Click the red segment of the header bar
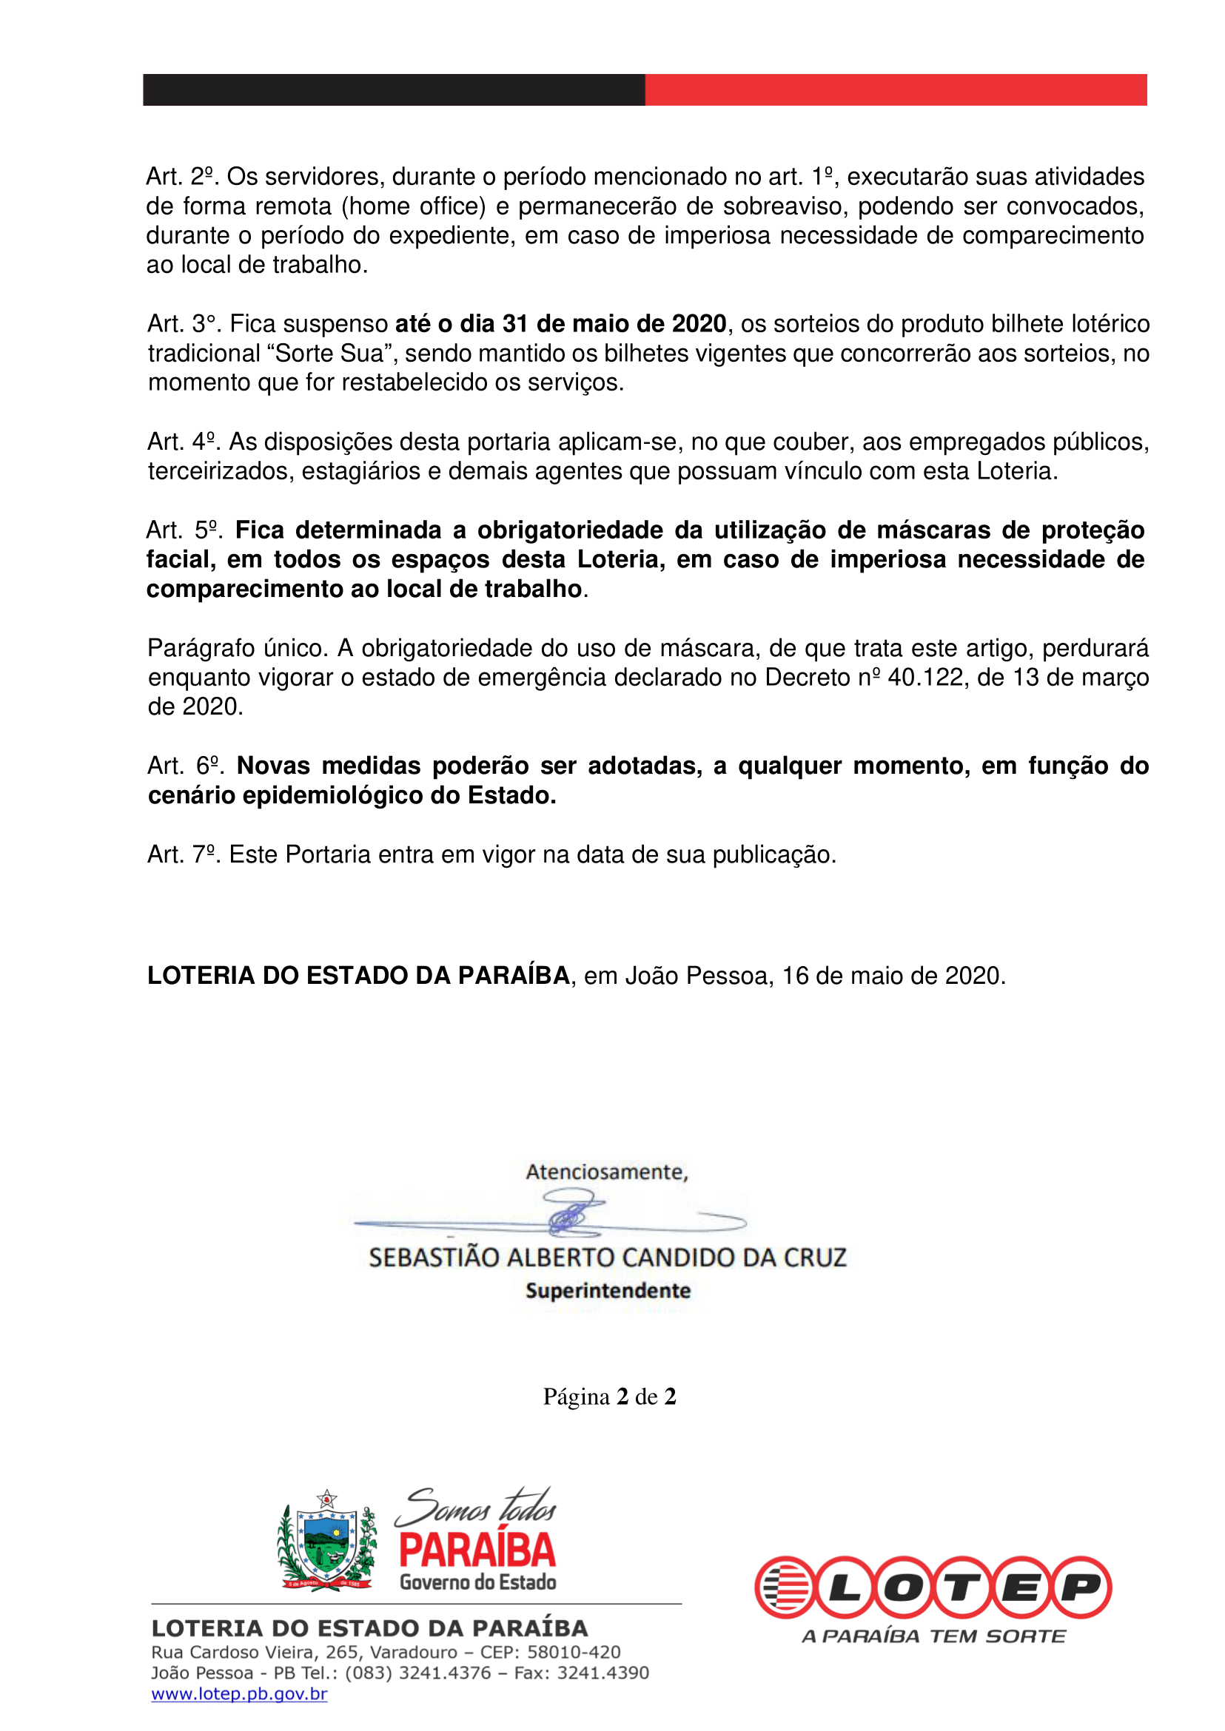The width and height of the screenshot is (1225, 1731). (x=896, y=90)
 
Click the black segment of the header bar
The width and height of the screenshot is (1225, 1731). (x=394, y=90)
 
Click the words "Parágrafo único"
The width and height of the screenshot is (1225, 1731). (x=237, y=648)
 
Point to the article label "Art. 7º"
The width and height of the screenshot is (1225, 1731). (x=182, y=855)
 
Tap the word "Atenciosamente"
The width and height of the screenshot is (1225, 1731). (x=605, y=1172)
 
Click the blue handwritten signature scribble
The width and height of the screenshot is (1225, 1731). (x=574, y=1214)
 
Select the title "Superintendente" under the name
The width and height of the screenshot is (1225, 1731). (x=608, y=1291)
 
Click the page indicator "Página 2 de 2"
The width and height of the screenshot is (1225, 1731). (x=609, y=1396)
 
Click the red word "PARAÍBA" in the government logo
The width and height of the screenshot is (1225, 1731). (x=477, y=1550)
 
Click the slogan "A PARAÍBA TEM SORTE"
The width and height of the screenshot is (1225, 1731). (x=934, y=1636)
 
